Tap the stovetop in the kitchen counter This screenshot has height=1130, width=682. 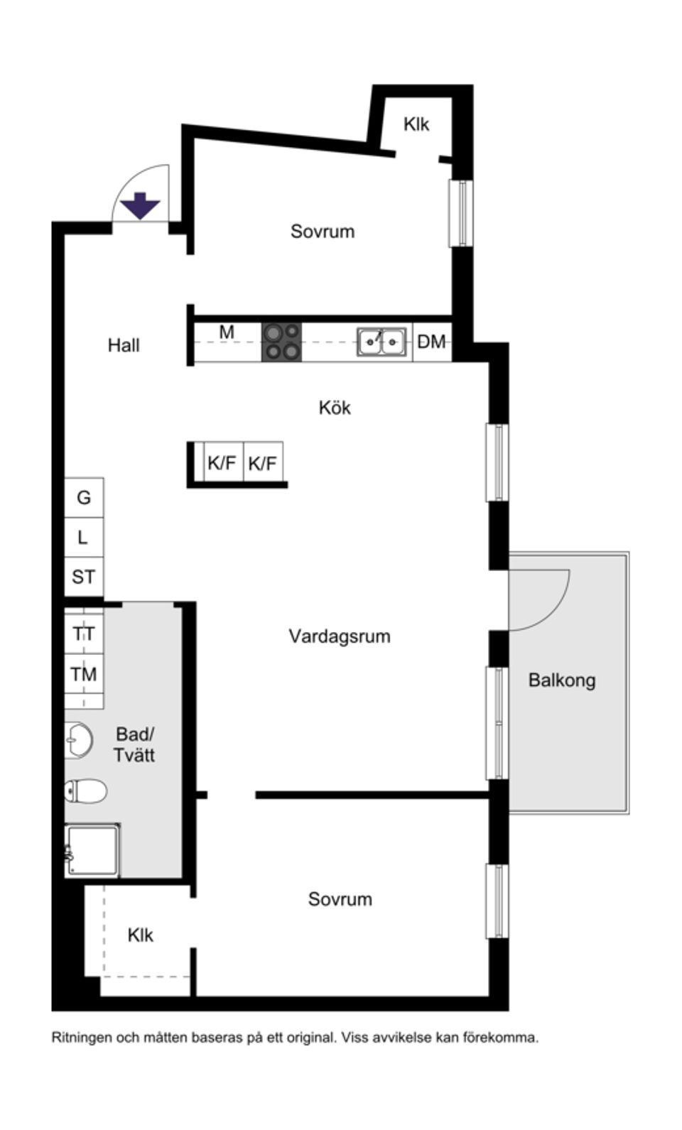[281, 342]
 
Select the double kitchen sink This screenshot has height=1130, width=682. [381, 342]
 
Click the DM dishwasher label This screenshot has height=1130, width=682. [431, 342]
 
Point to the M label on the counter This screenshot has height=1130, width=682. [227, 332]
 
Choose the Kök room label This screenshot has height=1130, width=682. [335, 408]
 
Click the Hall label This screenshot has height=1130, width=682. [124, 346]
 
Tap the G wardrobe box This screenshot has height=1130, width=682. [85, 497]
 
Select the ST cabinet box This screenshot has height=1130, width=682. [85, 577]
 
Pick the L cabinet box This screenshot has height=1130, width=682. [85, 537]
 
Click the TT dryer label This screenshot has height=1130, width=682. [84, 634]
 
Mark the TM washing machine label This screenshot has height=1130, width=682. [84, 674]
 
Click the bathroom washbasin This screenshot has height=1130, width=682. [79, 740]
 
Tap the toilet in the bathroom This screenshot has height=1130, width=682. [86, 791]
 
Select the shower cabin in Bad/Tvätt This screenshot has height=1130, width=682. [92, 851]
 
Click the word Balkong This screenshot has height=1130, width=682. [562, 680]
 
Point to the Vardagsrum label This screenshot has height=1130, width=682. [340, 636]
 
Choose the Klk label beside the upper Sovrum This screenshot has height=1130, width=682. [416, 124]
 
